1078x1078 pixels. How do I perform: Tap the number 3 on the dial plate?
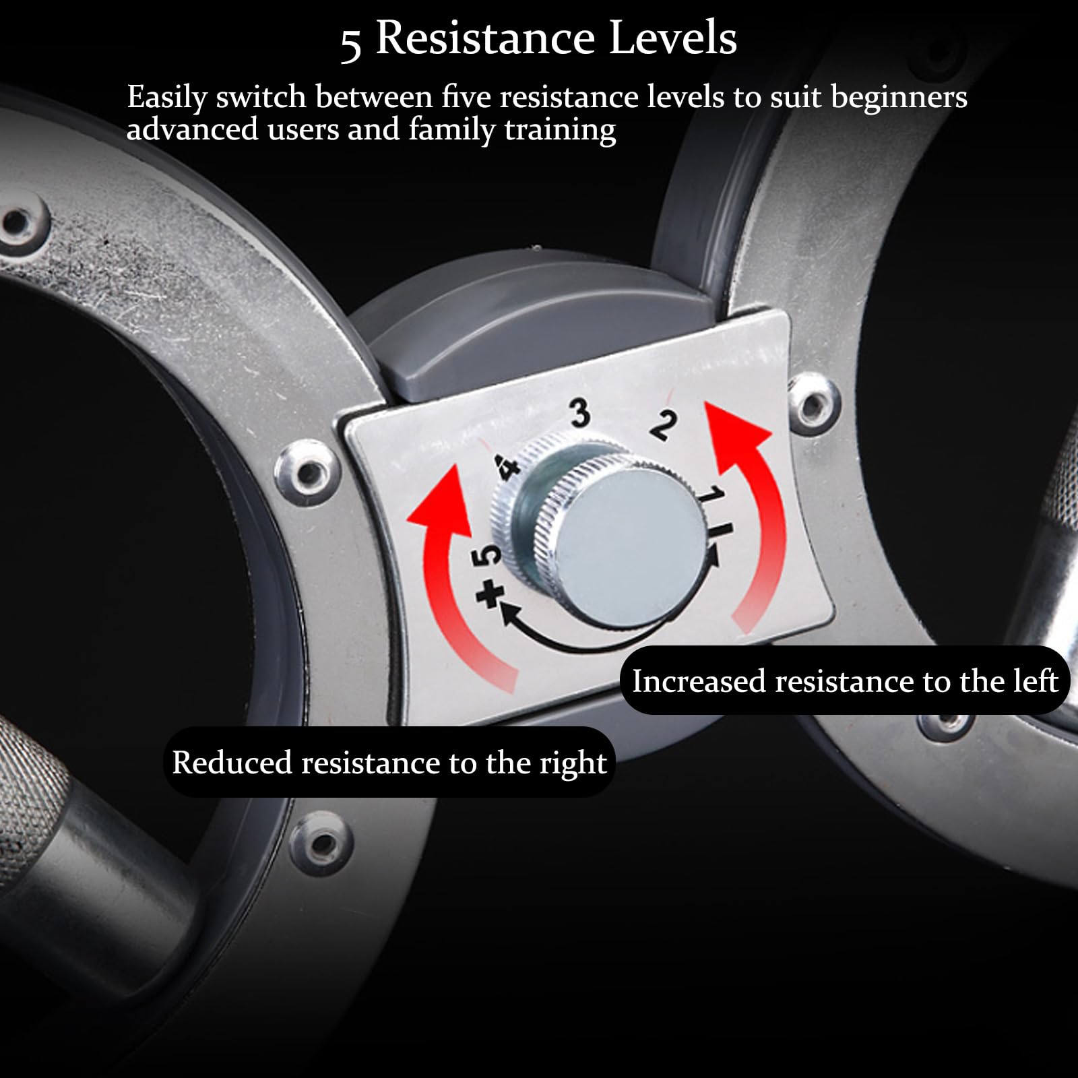coord(580,412)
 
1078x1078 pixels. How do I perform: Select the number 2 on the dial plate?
coord(663,425)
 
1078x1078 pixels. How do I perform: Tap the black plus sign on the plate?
coord(490,594)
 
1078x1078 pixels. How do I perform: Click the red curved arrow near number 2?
coord(745,512)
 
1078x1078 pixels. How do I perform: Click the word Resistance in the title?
coord(485,38)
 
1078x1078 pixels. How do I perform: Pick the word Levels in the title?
coord(673,38)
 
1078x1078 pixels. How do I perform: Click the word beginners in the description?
coord(899,98)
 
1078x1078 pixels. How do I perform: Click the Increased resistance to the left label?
coord(845,681)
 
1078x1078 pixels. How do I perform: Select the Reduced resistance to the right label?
coord(389,763)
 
